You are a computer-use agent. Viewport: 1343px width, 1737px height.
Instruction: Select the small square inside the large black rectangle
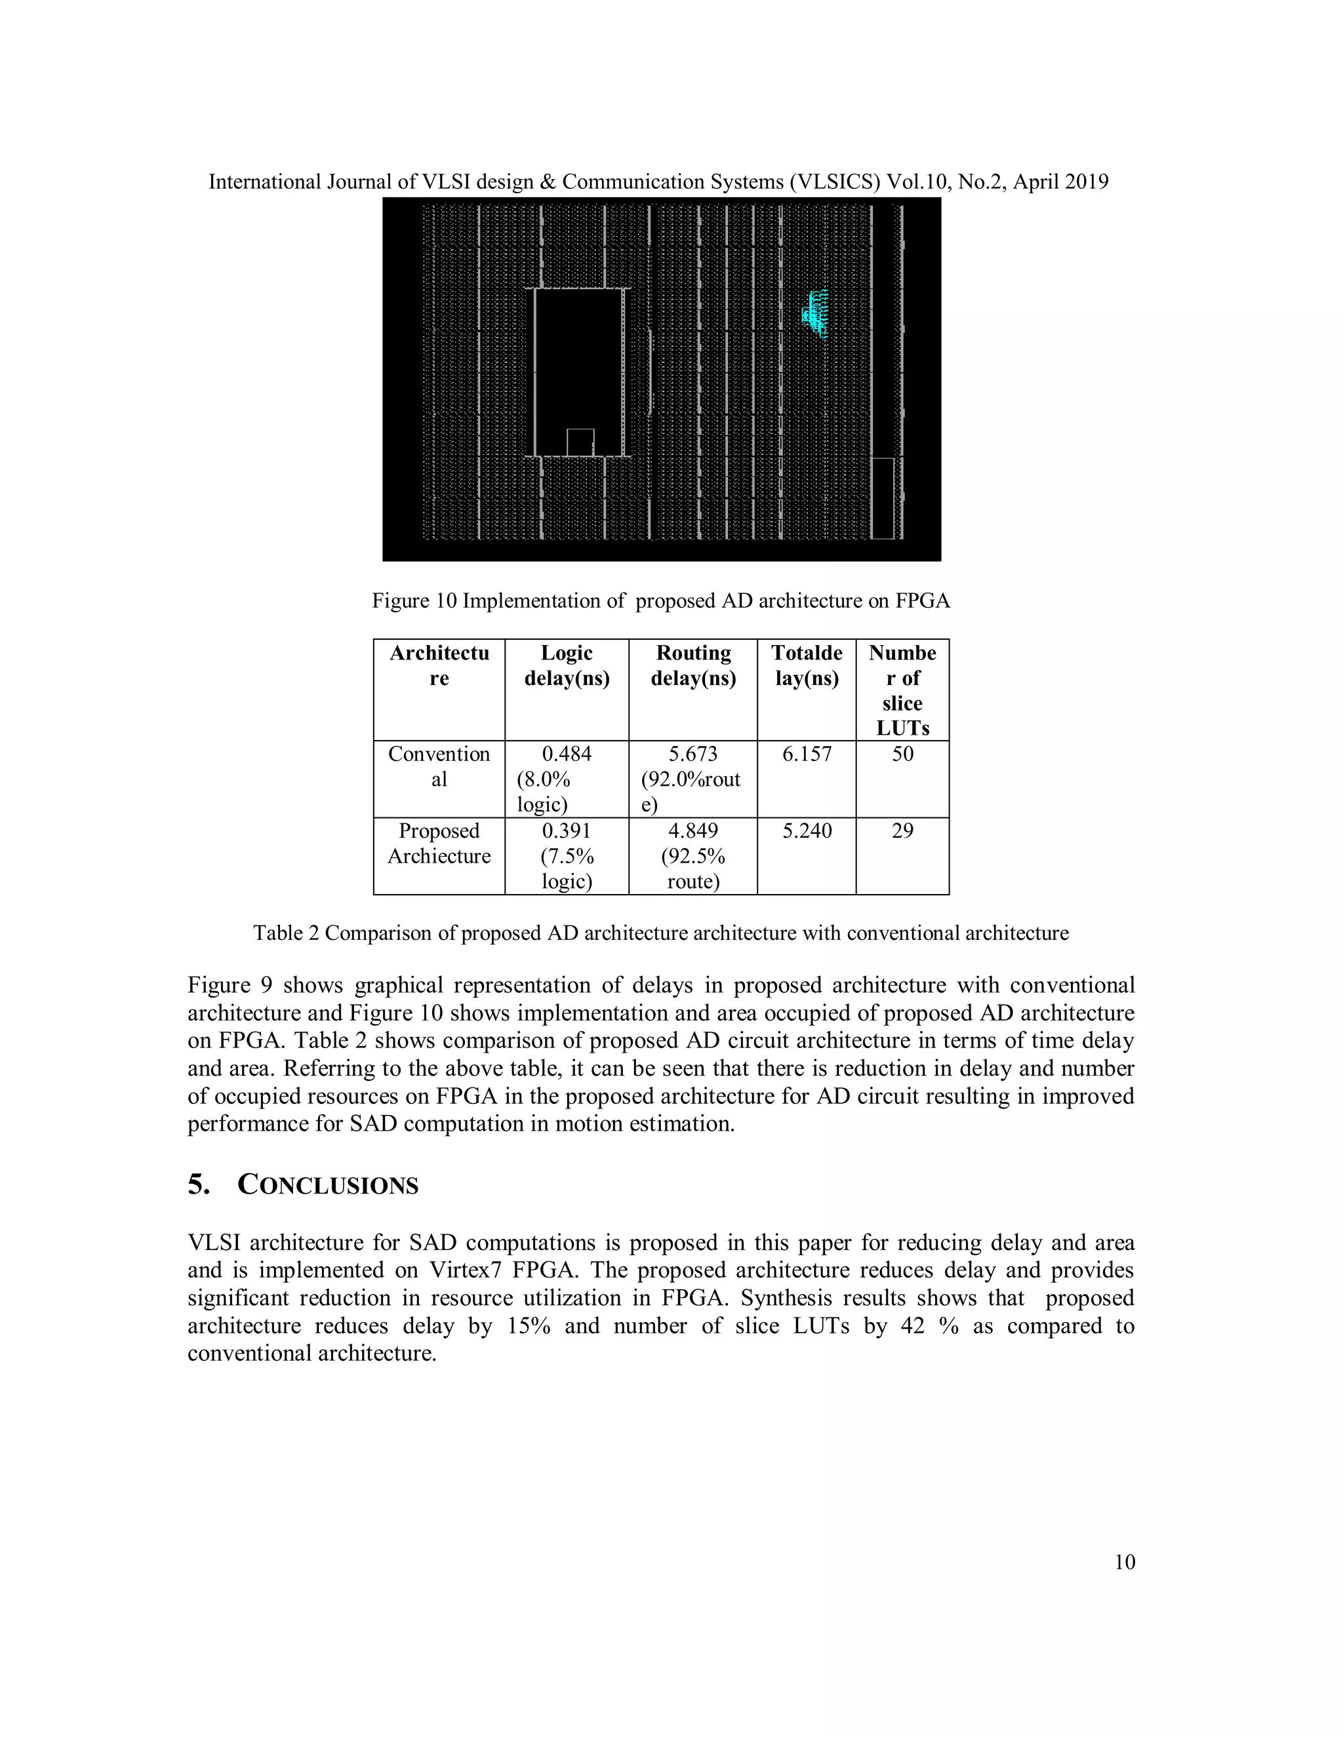coord(580,442)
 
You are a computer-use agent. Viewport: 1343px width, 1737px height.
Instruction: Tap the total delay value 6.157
coord(807,754)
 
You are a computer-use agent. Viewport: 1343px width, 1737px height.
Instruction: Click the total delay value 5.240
coord(807,831)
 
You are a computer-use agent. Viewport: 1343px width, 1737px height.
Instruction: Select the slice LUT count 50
coord(902,754)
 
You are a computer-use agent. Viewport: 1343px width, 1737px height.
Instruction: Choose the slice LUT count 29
coord(902,831)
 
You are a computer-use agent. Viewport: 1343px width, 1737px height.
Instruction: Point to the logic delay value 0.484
coord(567,754)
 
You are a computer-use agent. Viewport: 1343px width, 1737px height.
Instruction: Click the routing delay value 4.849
coord(693,831)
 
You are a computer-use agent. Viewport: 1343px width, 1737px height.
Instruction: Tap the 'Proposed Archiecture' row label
coord(439,843)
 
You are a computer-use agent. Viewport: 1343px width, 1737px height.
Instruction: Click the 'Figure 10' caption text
coord(414,601)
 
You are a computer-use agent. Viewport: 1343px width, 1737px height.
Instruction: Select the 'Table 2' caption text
coord(287,933)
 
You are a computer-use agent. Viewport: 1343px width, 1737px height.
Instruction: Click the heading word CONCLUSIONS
coord(328,1186)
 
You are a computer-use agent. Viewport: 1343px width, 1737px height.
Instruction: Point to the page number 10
coord(1124,1562)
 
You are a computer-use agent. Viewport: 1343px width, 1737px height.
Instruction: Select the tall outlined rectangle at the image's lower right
coord(883,498)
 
